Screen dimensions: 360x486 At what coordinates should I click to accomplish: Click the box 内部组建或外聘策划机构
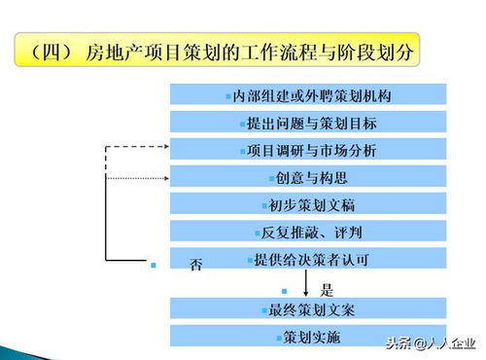(x=307, y=95)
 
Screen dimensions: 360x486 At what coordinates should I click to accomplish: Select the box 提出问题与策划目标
(x=307, y=123)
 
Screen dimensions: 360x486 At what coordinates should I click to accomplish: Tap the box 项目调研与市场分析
(x=307, y=150)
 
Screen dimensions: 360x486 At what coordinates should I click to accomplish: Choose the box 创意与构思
(x=307, y=177)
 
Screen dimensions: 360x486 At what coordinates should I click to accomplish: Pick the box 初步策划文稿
(x=307, y=204)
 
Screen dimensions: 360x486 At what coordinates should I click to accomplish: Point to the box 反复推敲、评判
(x=307, y=232)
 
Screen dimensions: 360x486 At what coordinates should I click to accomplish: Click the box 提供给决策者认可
(x=307, y=259)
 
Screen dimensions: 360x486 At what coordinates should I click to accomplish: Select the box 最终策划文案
(x=307, y=309)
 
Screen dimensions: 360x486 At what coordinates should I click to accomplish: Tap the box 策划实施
(x=307, y=337)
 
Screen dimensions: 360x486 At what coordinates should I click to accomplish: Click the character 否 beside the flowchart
(x=196, y=265)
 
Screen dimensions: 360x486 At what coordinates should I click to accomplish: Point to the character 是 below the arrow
(x=327, y=289)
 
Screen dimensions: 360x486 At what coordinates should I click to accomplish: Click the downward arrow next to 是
(x=307, y=283)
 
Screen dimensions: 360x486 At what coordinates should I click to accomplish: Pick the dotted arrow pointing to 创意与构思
(x=136, y=177)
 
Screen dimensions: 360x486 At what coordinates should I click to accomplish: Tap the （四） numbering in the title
(x=52, y=50)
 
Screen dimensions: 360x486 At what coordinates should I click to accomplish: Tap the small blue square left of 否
(x=153, y=264)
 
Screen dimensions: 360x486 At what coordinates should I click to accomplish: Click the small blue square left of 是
(x=284, y=290)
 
